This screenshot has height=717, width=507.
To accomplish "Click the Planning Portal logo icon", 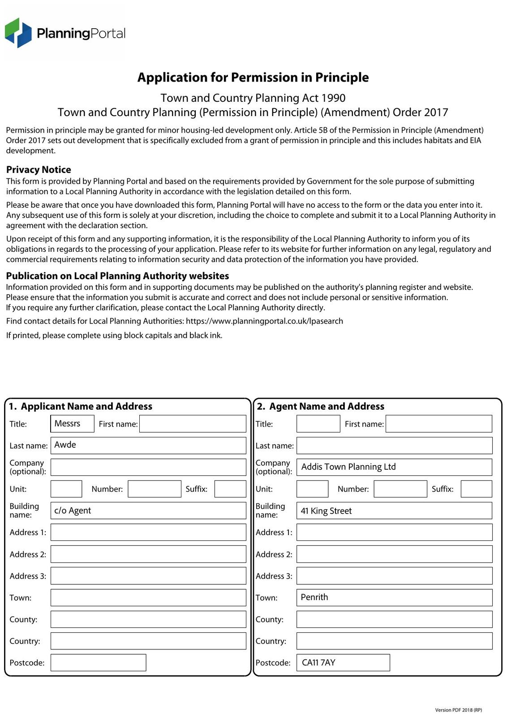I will click(18, 33).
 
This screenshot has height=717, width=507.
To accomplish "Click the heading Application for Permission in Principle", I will click(253, 78).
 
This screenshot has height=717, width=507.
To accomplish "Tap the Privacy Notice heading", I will click(39, 170).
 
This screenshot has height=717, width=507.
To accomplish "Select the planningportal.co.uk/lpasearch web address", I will click(264, 321).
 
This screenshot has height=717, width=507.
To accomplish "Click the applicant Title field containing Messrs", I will click(72, 424).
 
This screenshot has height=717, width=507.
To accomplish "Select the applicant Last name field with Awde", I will click(148, 445).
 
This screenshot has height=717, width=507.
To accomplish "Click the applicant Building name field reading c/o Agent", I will click(148, 511).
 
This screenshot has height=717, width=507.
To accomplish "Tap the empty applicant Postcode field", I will click(98, 663).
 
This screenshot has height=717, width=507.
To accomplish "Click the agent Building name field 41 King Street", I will click(394, 511).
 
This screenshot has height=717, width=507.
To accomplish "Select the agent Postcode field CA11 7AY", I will click(343, 663).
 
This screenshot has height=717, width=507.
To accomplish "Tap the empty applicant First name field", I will click(193, 424).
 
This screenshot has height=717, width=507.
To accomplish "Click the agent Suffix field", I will click(476, 489).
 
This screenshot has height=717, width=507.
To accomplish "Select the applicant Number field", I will click(155, 489).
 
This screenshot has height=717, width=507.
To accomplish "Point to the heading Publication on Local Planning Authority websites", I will click(117, 276).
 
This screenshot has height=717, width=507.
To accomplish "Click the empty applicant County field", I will click(148, 619).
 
